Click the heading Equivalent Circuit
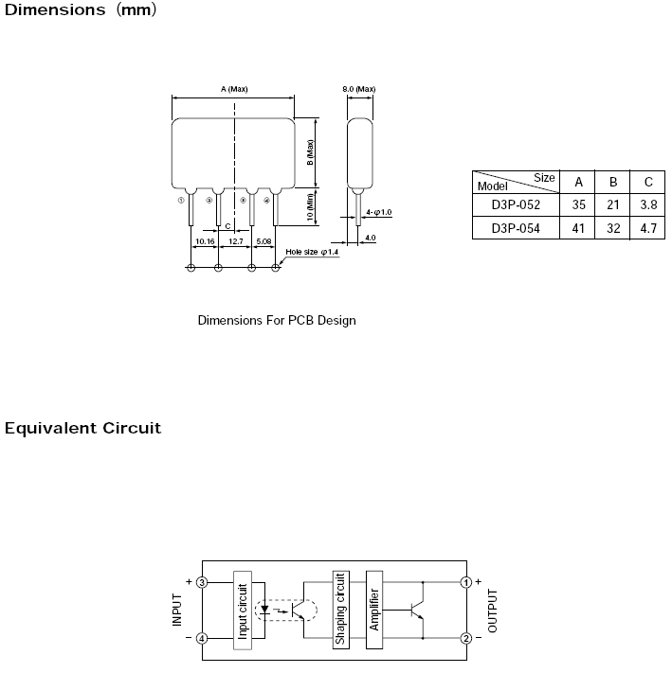click(82, 428)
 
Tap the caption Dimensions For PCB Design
click(277, 321)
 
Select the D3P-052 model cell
click(516, 204)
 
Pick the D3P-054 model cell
click(516, 228)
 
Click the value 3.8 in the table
click(648, 204)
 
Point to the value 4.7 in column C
click(648, 228)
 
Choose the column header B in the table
click(613, 182)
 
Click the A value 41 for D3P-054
click(578, 228)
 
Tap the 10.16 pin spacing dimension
click(205, 241)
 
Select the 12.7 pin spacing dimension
click(236, 241)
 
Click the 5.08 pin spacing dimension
click(263, 241)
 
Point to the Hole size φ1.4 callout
click(312, 252)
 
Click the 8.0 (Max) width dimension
click(359, 89)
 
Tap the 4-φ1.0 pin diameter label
click(378, 212)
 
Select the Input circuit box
click(243, 610)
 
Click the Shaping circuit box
click(340, 610)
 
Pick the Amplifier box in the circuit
click(374, 610)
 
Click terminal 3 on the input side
click(202, 582)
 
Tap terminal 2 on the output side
click(466, 638)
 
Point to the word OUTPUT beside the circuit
click(493, 611)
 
